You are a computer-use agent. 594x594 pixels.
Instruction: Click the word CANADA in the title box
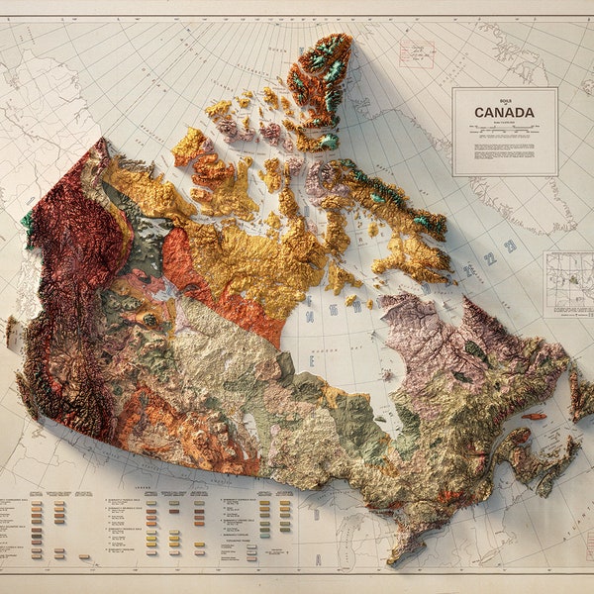click(504, 113)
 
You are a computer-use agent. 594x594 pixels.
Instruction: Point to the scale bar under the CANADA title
click(504, 129)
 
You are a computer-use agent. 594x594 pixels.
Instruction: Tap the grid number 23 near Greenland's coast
click(510, 246)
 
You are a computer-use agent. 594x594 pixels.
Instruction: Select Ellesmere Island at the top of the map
click(322, 79)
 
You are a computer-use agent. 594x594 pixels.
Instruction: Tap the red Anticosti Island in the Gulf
click(534, 416)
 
